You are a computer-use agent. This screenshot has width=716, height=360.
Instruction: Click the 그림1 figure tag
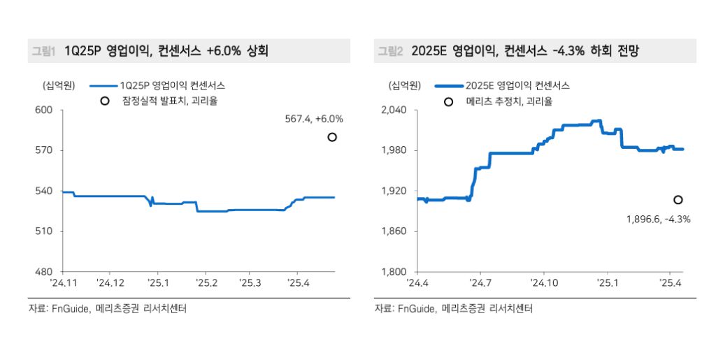pos(43,51)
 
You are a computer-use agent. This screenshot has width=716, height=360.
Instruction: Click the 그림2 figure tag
pos(390,51)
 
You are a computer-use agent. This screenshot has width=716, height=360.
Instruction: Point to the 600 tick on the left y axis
pos(44,110)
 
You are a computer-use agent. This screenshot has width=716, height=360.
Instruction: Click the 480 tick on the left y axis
pos(44,272)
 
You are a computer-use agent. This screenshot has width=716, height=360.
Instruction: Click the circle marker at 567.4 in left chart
pos(332,137)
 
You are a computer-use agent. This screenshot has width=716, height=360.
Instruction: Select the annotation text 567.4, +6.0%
pos(313,120)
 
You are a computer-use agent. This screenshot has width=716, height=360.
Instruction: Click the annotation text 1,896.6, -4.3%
pos(658,219)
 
